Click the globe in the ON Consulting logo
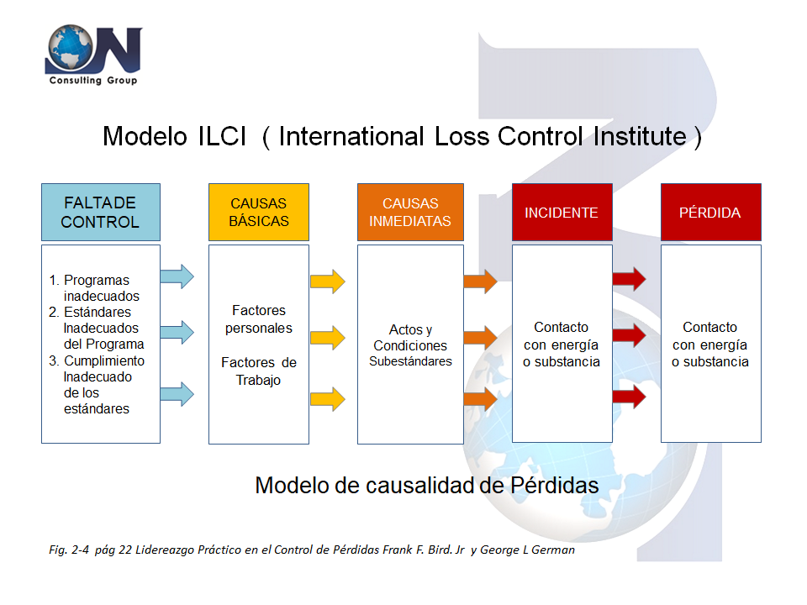[x=71, y=47]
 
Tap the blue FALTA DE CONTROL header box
[x=101, y=212]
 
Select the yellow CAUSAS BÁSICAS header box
[x=259, y=212]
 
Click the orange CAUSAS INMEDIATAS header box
[x=411, y=212]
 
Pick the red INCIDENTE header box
[x=562, y=212]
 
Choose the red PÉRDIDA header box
[x=711, y=212]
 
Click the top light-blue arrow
[x=177, y=276]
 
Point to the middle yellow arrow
[x=327, y=338]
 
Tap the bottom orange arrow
[x=481, y=398]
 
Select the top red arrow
[x=629, y=279]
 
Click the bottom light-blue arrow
[x=177, y=395]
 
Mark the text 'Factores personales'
[x=259, y=319]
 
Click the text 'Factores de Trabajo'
[x=259, y=371]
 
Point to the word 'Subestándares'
[x=411, y=361]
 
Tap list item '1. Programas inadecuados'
[x=94, y=288]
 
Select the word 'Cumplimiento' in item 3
[x=104, y=360]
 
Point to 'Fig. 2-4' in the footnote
[x=69, y=550]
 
